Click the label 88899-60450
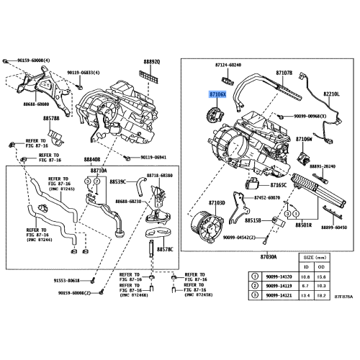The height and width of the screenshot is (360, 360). [x=332, y=225]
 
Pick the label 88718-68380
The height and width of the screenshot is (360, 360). [x=156, y=175]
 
